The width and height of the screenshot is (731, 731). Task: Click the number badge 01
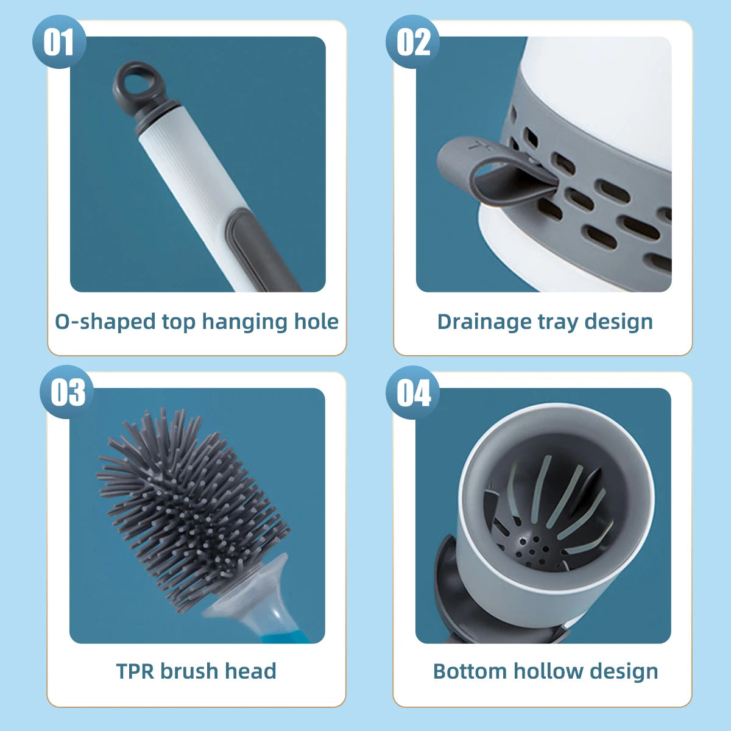click(x=58, y=42)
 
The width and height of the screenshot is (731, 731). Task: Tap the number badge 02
click(x=412, y=42)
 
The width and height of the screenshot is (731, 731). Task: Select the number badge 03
click(x=67, y=392)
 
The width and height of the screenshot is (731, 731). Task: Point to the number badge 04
click(x=413, y=392)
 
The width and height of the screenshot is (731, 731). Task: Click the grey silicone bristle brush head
click(x=189, y=506)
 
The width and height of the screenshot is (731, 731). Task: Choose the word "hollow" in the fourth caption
click(x=545, y=671)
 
